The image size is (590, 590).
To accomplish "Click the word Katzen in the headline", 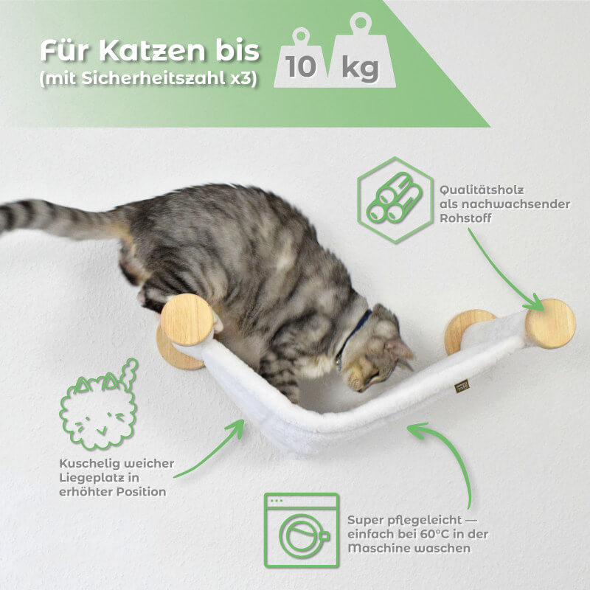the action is point(152,50).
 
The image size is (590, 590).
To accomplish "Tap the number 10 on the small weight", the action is point(300,67).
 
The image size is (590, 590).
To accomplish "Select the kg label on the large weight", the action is point(360,69).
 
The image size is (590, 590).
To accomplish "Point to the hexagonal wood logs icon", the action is point(395,199).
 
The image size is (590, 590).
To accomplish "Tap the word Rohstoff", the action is point(465,218).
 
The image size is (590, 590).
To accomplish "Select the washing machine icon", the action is point(302,530).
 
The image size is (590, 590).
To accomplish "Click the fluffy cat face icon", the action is point(99,404).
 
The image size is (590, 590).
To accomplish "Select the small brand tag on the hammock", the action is point(462,386).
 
